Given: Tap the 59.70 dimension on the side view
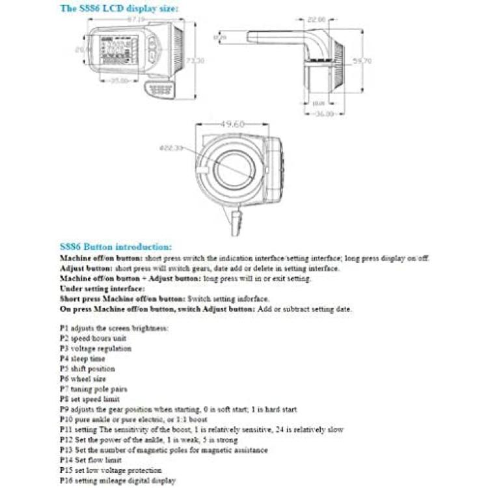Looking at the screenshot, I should click(x=362, y=62).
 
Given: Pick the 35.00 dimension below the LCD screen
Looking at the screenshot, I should click(x=118, y=81).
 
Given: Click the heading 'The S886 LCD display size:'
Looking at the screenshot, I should click(x=119, y=8).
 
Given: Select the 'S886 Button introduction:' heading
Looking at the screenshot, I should click(x=116, y=247).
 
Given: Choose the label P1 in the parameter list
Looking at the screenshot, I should click(x=63, y=328).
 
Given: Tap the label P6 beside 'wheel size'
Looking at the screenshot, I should click(x=63, y=379).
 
